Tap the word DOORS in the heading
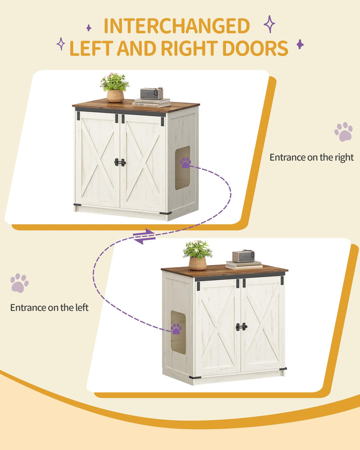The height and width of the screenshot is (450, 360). (255, 48)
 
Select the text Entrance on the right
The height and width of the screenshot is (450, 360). (311, 157)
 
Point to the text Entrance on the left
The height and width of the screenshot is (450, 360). (49, 307)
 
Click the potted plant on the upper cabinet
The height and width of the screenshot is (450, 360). (115, 87)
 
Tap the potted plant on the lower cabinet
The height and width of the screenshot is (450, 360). (198, 255)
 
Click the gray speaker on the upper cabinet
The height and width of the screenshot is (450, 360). (152, 94)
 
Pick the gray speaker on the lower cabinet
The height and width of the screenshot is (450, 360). (243, 256)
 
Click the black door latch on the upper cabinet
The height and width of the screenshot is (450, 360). (120, 162)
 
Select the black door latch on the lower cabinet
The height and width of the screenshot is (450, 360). (242, 327)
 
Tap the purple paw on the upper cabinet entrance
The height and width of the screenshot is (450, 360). (185, 163)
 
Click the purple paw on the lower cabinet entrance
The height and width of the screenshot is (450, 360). (176, 329)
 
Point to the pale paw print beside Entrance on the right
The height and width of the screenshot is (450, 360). (343, 132)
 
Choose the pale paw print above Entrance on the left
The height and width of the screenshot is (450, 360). (19, 283)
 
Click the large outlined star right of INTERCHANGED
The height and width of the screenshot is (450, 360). (269, 24)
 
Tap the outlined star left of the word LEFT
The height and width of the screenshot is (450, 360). (61, 44)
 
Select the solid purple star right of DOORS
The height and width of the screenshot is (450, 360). (300, 44)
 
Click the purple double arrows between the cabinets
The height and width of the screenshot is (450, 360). (144, 237)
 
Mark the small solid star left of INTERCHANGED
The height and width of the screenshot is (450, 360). (89, 28)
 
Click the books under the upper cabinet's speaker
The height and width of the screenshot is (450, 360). (152, 103)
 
